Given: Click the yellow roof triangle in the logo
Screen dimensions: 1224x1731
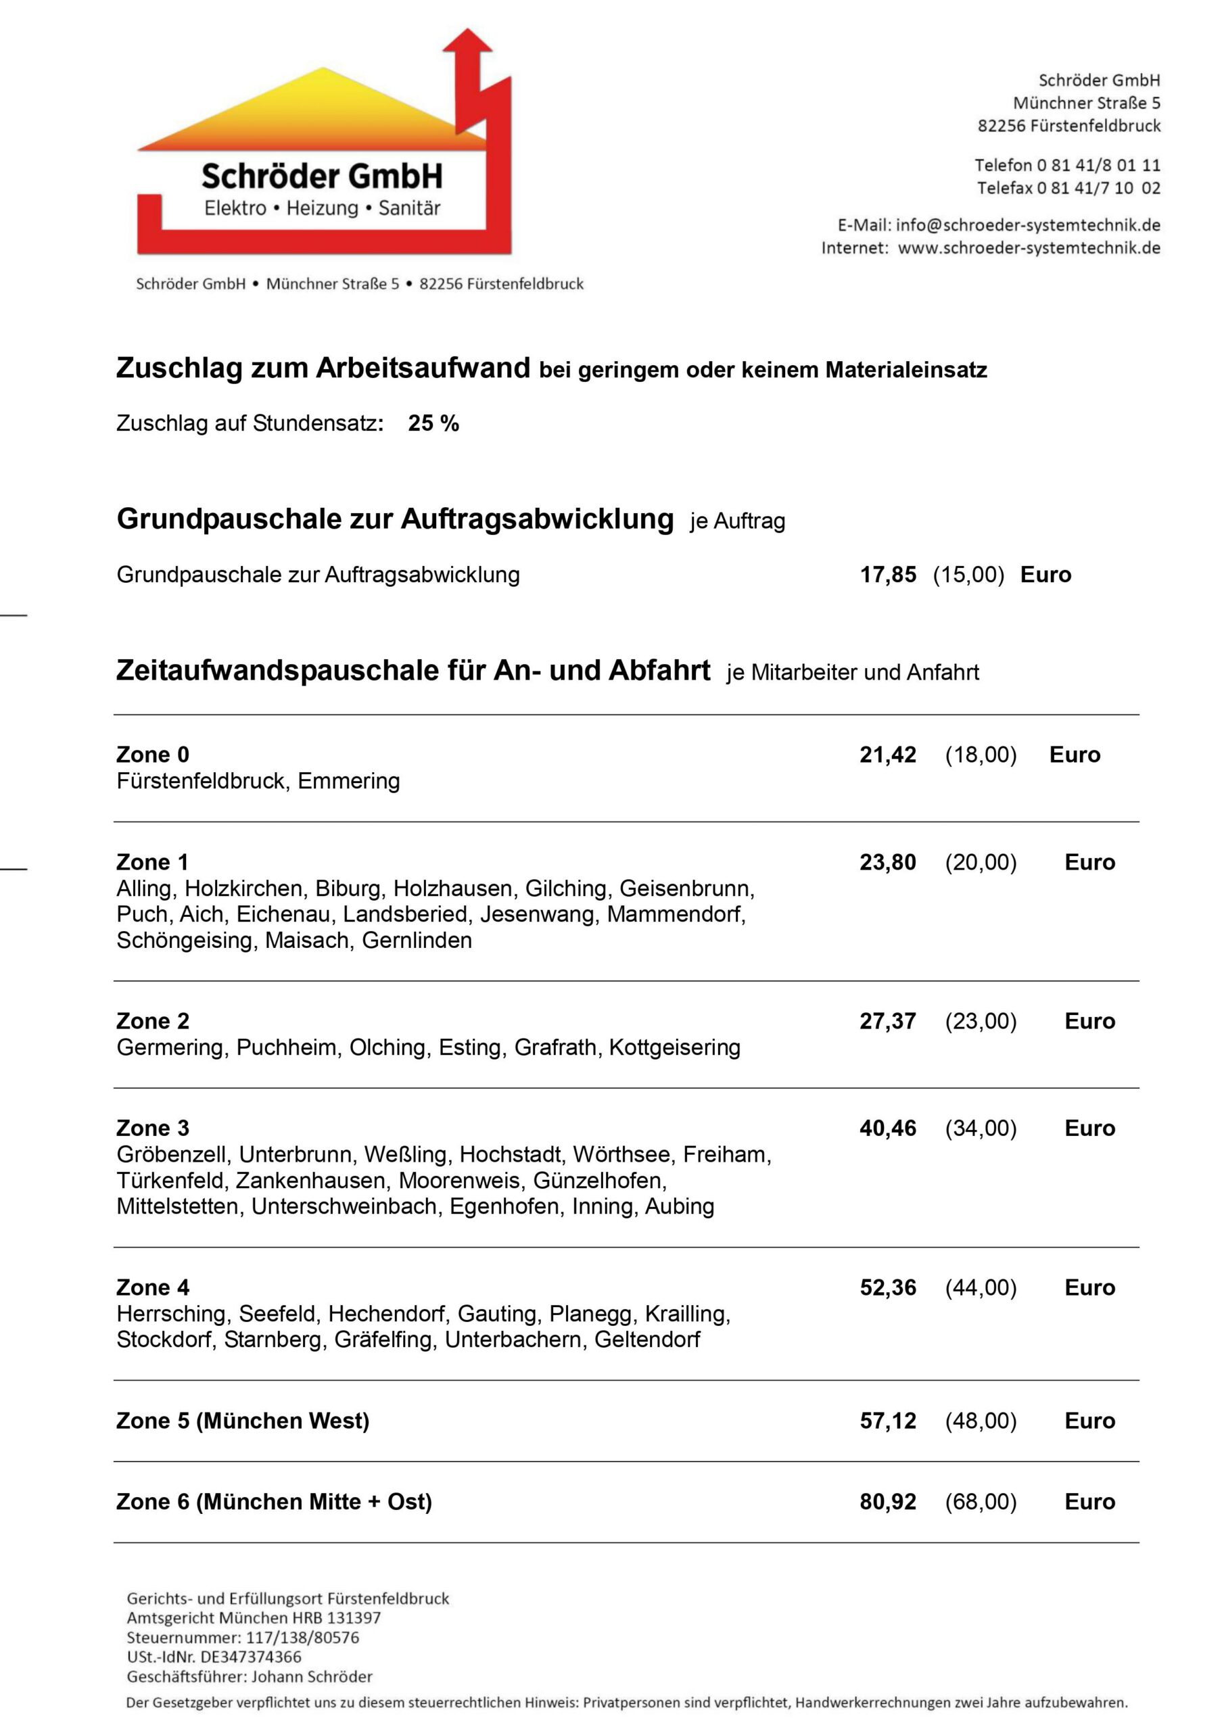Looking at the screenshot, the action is pyautogui.click(x=325, y=110).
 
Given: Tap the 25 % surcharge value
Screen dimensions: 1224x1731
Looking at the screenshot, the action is pyautogui.click(x=433, y=424).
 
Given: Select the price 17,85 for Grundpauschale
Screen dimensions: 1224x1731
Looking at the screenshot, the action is pyautogui.click(x=888, y=575).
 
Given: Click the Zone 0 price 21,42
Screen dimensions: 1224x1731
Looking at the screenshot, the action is pyautogui.click(x=888, y=755).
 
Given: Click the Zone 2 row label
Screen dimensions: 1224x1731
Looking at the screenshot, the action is pyautogui.click(x=153, y=1021).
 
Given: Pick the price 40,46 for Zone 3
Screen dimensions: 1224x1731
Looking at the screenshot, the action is pyautogui.click(x=888, y=1128).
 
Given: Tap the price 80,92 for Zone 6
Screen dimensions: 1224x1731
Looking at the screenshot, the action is pyautogui.click(x=888, y=1501).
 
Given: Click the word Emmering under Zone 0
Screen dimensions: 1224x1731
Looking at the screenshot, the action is pyautogui.click(x=348, y=781).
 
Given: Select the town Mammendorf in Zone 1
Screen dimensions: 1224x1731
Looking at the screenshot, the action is pyautogui.click(x=676, y=914).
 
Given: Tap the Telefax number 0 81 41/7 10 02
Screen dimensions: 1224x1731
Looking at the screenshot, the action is pyautogui.click(x=1098, y=188).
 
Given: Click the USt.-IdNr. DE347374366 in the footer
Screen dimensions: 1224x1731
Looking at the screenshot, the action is pyautogui.click(x=214, y=1657).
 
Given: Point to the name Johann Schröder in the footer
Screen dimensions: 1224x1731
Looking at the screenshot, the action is pyautogui.click(x=312, y=1676).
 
